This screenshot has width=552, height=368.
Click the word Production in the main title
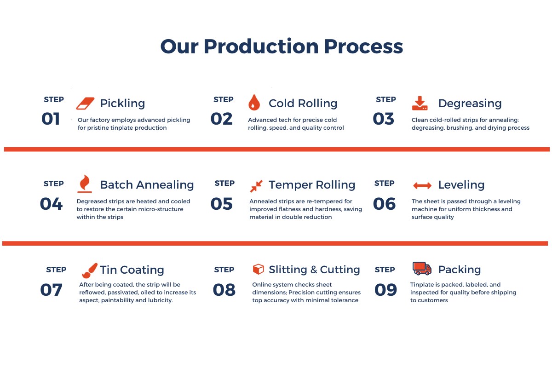261,46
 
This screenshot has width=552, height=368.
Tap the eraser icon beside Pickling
85,103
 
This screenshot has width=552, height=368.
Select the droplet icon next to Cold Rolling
254,102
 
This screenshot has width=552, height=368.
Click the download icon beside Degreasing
420,103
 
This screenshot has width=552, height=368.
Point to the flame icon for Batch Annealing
85,184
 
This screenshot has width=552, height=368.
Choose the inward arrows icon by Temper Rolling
256,186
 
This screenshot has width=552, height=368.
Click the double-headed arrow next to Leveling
422,185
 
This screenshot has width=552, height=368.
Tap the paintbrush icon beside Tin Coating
89,270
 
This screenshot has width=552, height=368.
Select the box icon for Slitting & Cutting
258,269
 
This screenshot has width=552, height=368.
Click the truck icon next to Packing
422,268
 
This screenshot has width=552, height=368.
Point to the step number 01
51,119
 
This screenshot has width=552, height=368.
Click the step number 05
222,204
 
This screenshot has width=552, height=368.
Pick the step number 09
385,290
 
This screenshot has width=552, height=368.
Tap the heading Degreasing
470,103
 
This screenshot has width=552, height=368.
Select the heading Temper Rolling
312,185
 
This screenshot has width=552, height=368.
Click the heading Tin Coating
132,270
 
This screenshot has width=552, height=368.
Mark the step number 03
384,119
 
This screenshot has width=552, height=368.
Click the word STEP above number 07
56,270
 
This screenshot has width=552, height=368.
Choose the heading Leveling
461,185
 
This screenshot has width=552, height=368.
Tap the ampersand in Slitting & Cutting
314,270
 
